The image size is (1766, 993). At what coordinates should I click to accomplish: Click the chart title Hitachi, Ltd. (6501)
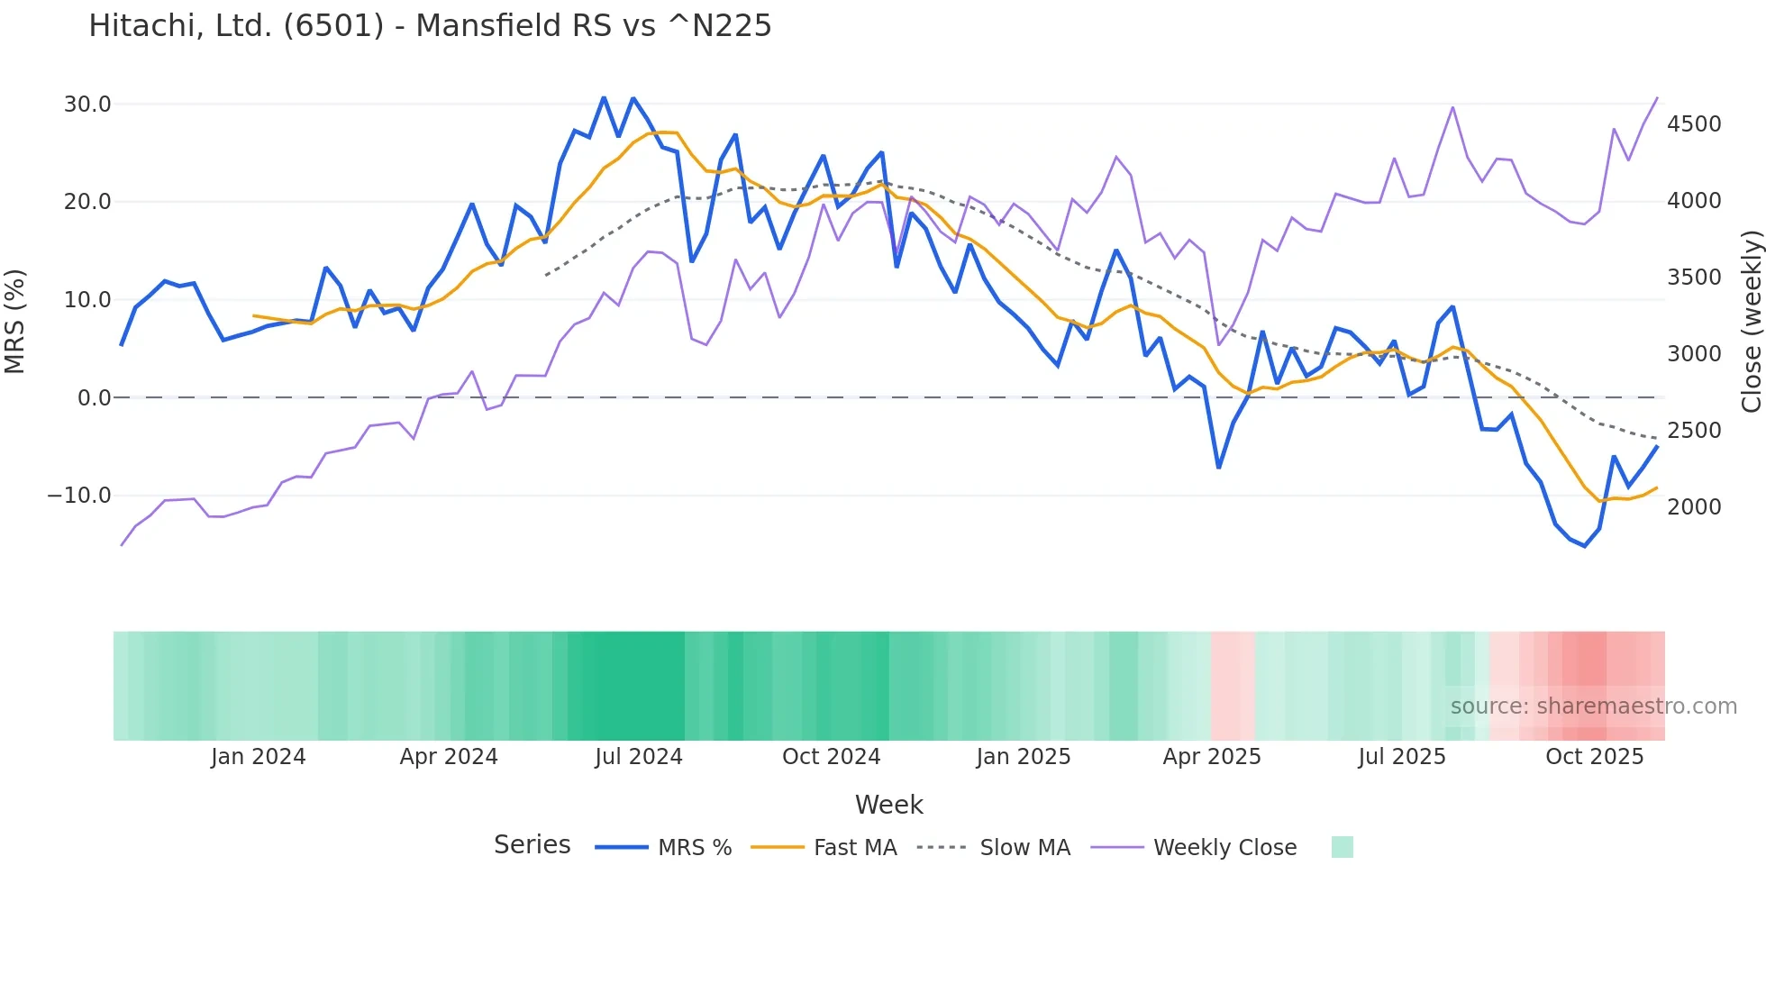[x=430, y=26]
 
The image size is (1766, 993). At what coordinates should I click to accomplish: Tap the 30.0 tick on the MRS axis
[x=87, y=105]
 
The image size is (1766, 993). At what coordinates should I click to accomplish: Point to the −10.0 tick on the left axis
[x=79, y=496]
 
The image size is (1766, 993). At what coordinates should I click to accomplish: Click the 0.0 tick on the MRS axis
[x=94, y=397]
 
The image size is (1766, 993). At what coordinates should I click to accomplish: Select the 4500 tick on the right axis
[x=1694, y=124]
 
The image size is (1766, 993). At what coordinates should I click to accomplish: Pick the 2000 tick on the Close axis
[x=1694, y=507]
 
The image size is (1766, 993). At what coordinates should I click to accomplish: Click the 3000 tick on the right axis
[x=1694, y=354]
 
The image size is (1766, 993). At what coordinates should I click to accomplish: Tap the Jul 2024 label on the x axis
[x=639, y=757]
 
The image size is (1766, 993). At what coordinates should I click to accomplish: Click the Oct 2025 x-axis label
[x=1594, y=757]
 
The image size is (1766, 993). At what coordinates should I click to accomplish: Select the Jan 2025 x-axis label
[x=1023, y=757]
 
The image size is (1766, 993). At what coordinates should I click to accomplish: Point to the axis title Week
[x=888, y=805]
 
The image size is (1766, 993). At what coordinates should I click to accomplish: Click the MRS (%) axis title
[x=15, y=321]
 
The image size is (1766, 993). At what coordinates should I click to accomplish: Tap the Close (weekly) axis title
[x=1751, y=322]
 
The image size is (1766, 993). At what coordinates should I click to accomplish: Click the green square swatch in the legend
[x=1342, y=847]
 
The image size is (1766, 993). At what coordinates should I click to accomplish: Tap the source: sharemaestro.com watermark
[x=1593, y=706]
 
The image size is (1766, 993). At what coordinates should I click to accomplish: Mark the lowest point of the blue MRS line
[x=1585, y=546]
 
